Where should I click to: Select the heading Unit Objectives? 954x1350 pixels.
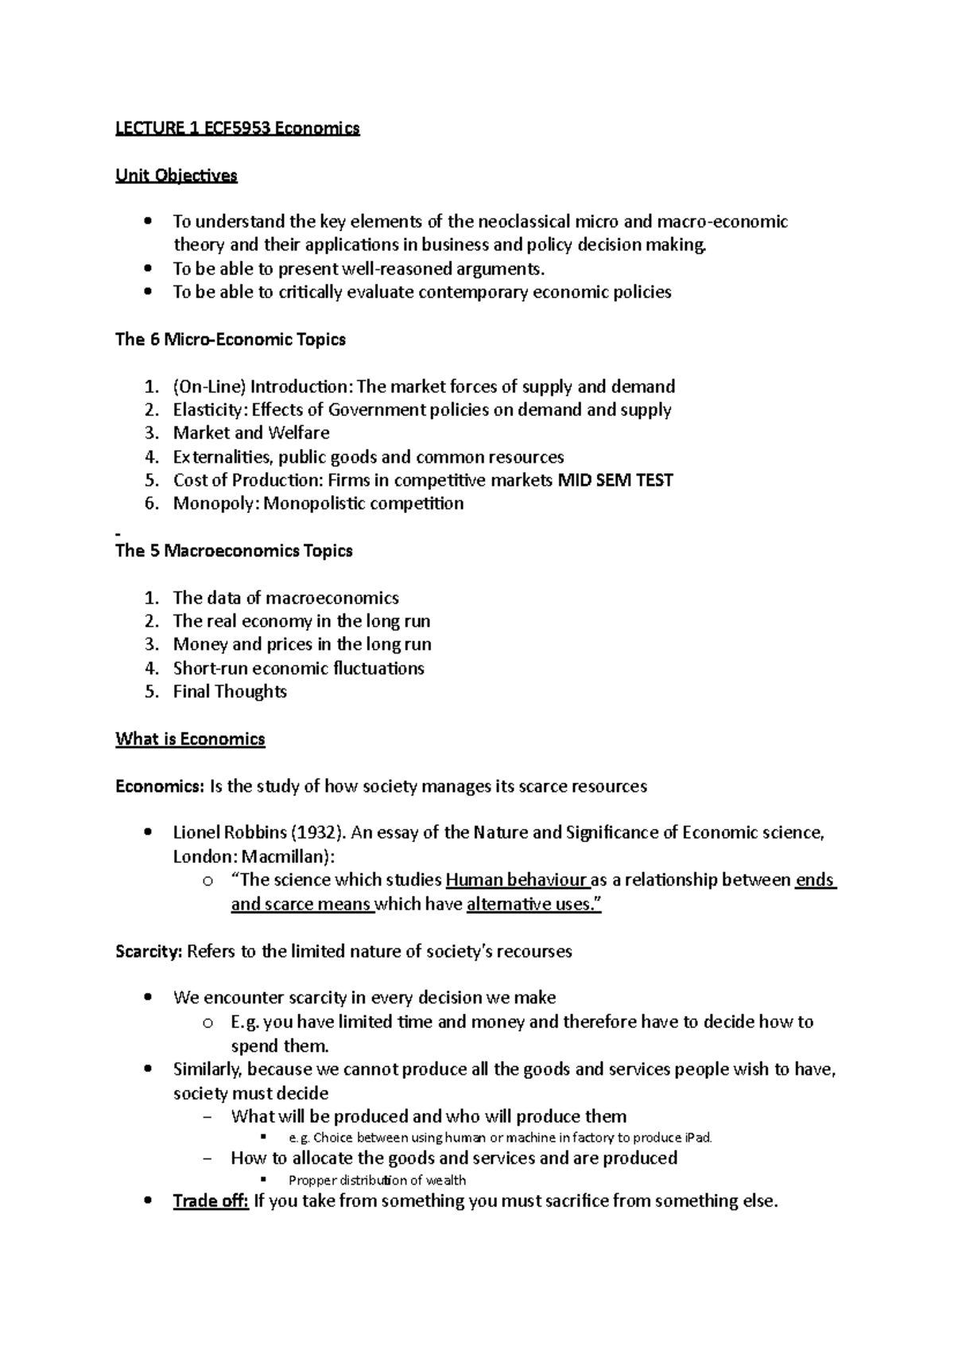pos(176,176)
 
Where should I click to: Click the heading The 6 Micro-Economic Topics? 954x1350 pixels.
pos(231,340)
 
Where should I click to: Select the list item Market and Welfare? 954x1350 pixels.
pos(251,433)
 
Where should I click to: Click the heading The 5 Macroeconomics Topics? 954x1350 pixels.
pos(234,551)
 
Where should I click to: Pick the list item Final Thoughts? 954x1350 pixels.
pos(230,692)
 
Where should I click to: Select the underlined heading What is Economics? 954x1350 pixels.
pos(190,739)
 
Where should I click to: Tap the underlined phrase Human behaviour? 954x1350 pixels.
pos(517,880)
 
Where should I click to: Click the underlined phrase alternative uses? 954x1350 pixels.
pos(532,904)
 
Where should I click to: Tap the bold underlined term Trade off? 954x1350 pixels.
pos(211,1201)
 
